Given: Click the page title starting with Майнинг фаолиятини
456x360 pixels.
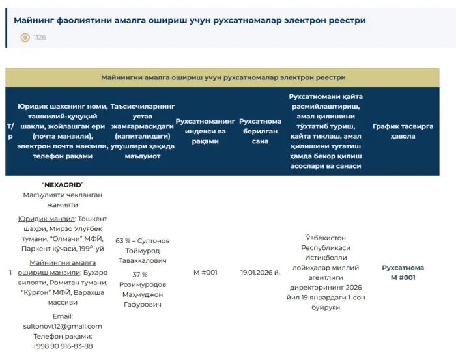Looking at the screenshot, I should [190, 20].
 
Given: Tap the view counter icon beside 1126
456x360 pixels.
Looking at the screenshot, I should [25, 38].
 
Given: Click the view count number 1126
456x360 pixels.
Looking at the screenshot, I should [40, 38].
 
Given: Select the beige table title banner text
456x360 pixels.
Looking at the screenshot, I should [223, 77].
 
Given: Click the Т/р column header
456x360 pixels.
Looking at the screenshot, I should [10, 131].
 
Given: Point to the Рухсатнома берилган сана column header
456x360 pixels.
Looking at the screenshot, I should [260, 131].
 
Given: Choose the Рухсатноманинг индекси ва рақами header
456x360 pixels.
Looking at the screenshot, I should [205, 131].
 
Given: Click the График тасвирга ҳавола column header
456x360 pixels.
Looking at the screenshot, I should [403, 131].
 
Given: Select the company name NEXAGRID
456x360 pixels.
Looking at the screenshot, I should [63, 184].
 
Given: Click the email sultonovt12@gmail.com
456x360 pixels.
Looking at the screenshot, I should [63, 326].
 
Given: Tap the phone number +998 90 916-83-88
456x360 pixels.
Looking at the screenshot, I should [63, 346].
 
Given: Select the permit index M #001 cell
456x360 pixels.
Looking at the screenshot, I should [205, 272].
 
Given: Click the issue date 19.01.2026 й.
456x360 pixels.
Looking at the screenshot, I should [260, 272].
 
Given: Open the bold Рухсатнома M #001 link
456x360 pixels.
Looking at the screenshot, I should [403, 272].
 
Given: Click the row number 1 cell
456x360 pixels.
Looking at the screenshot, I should [10, 272].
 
